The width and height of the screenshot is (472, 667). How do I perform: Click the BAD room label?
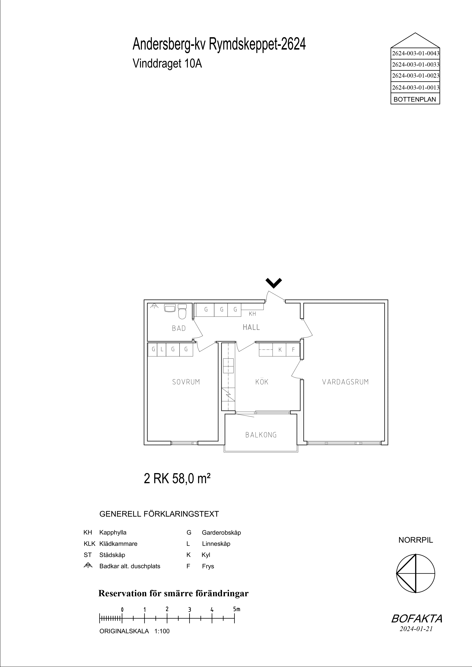[x=179, y=328]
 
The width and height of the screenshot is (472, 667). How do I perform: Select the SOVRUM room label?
[x=186, y=382]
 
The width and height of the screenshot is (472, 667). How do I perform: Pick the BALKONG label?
[x=261, y=435]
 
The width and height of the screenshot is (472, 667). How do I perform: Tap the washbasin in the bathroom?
[x=169, y=308]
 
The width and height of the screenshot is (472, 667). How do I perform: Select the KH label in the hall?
[x=252, y=314]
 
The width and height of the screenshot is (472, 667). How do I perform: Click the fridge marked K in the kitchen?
[x=280, y=350]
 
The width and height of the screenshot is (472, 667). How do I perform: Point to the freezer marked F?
[x=293, y=350]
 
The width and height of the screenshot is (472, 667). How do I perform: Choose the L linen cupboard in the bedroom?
[x=162, y=350]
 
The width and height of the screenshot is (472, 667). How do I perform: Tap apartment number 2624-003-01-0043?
[x=415, y=53]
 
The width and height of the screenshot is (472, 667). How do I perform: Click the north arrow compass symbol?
[x=416, y=574]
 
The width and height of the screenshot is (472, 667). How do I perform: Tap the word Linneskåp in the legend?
[x=216, y=544]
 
